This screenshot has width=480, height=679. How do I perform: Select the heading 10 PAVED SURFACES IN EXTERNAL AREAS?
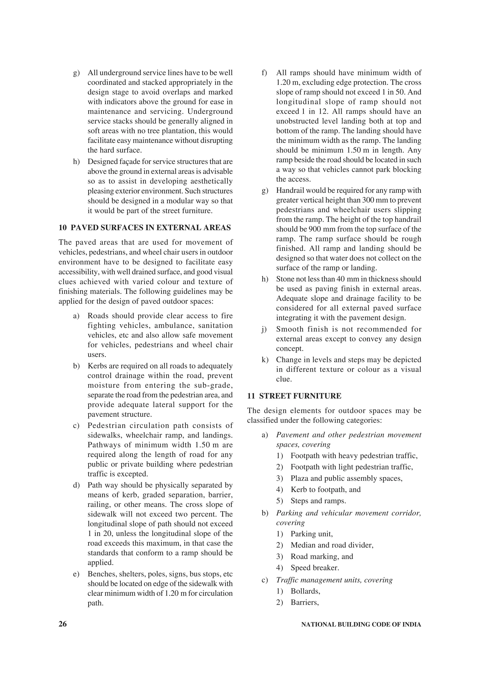coord(145,228)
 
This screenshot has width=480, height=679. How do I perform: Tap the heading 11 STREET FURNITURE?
coord(294,396)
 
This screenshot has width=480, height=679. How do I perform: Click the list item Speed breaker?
coord(315,567)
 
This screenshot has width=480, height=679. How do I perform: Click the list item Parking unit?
coord(311,534)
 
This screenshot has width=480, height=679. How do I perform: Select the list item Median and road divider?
coord(332,545)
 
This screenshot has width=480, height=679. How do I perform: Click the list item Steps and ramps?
coord(318,501)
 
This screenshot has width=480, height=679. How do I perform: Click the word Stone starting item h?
coord(284,279)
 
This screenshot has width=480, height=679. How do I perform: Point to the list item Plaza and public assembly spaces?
coord(346,478)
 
